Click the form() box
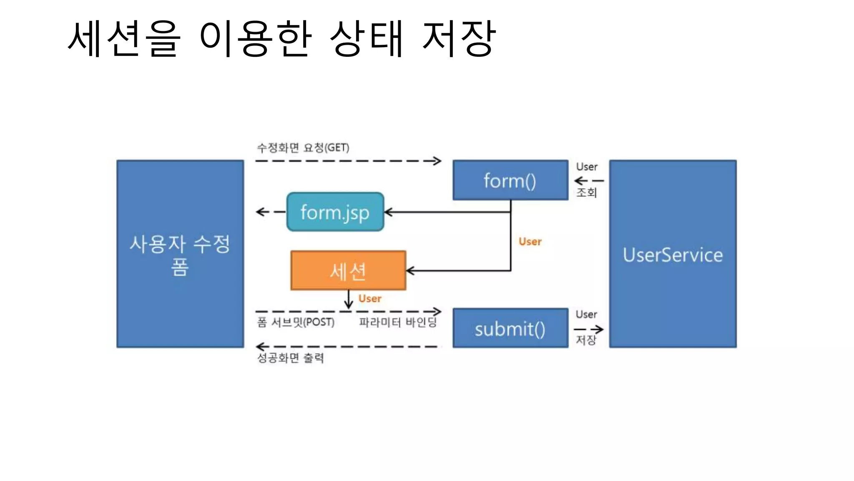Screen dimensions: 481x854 (510, 180)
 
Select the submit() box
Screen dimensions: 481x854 (510, 329)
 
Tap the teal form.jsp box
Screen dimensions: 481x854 (335, 212)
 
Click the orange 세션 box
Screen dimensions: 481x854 (348, 271)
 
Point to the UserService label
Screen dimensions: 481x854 (673, 255)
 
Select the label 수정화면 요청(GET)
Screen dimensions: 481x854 (303, 147)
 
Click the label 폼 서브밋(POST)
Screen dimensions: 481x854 (296, 322)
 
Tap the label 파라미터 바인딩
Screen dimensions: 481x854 (398, 322)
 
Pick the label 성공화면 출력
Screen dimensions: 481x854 (290, 358)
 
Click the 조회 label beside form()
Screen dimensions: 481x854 (586, 192)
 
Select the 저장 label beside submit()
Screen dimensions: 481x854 (586, 340)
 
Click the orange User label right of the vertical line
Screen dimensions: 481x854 (530, 241)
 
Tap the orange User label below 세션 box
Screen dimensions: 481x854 (370, 299)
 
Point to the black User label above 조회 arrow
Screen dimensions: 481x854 (587, 167)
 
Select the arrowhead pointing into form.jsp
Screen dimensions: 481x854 (388, 212)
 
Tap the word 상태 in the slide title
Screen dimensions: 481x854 (367, 38)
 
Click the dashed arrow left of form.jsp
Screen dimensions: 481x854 (269, 212)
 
